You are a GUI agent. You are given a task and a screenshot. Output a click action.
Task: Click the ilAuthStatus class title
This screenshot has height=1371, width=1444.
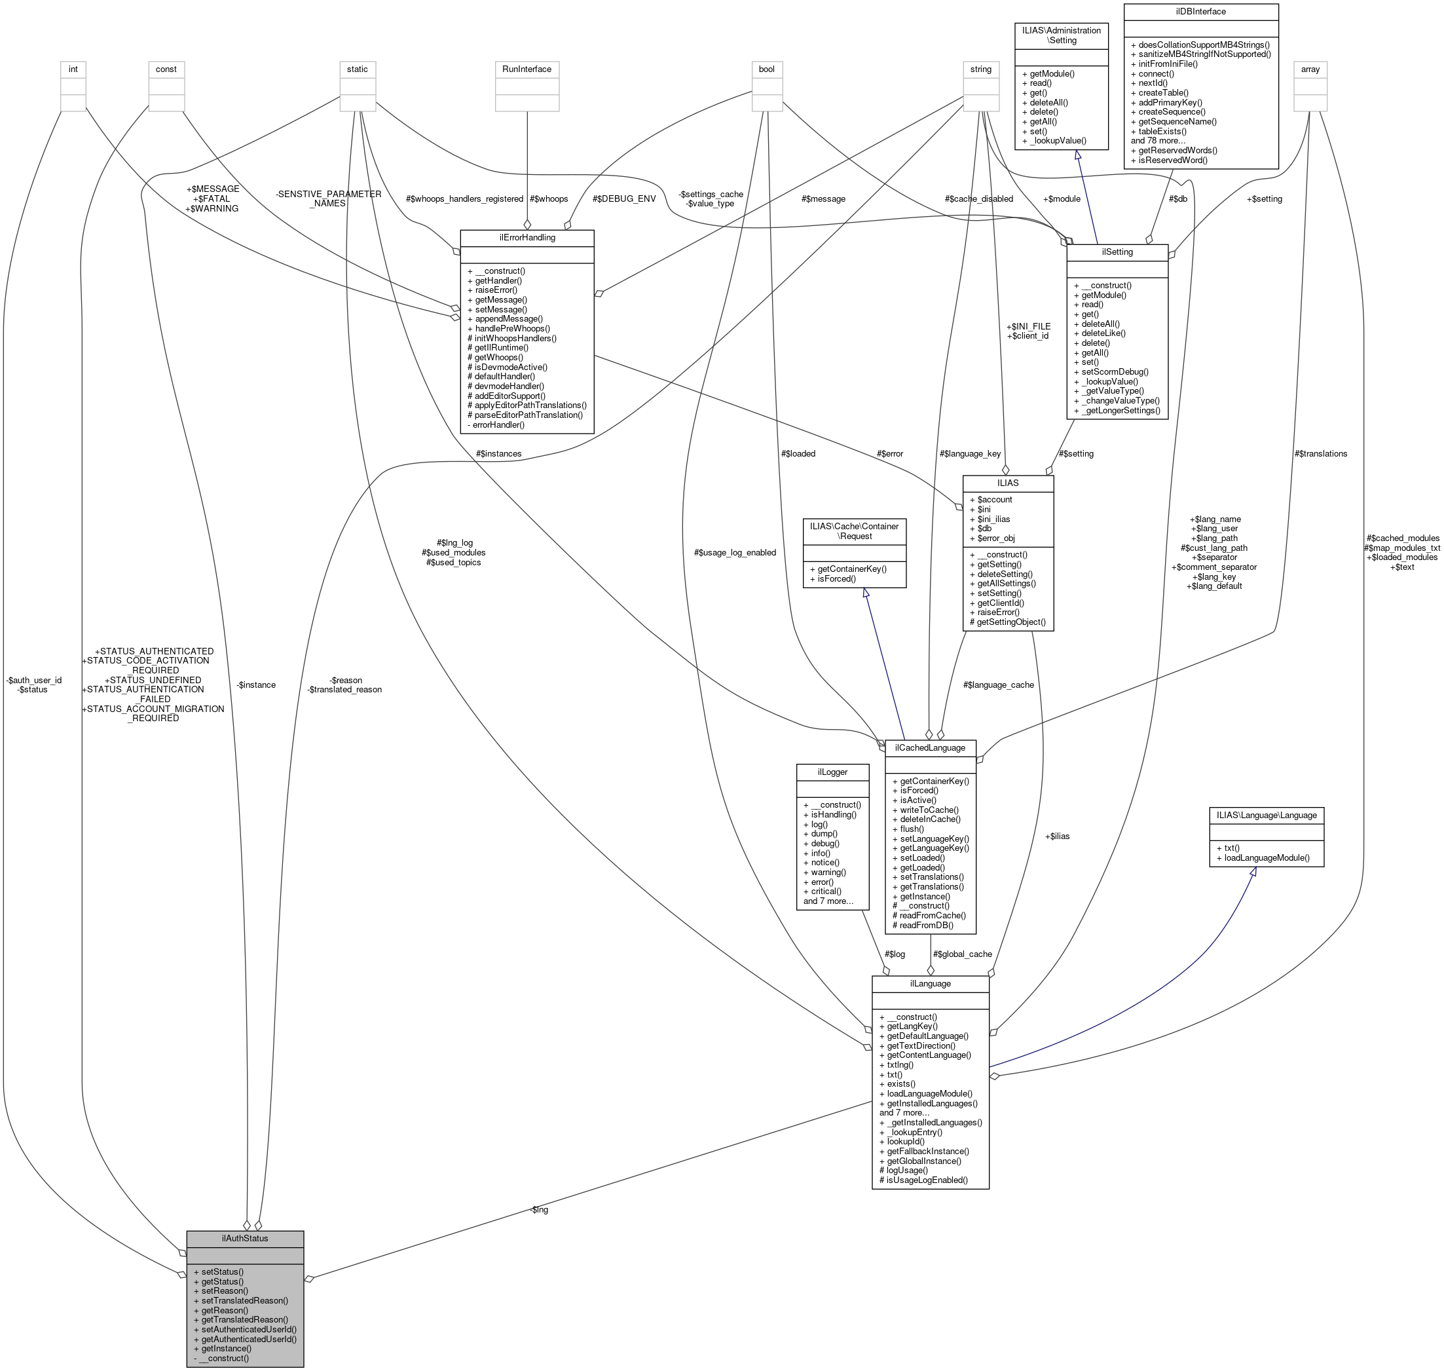(x=245, y=1238)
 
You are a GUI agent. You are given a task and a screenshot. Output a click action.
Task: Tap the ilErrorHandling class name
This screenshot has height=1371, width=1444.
(x=526, y=238)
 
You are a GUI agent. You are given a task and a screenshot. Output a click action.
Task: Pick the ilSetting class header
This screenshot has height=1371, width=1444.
(x=1117, y=252)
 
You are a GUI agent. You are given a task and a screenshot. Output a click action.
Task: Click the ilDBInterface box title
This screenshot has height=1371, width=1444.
(x=1200, y=12)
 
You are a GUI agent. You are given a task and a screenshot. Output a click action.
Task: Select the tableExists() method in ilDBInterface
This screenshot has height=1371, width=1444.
(x=1162, y=132)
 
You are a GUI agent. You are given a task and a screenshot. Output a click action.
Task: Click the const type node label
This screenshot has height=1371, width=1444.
(x=166, y=69)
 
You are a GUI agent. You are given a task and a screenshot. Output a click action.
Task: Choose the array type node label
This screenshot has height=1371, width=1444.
(x=1310, y=69)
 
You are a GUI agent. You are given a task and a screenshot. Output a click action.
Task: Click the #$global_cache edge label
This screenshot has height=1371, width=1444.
(x=962, y=954)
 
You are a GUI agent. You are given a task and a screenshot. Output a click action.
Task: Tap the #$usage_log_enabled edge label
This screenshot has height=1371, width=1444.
(x=734, y=552)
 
